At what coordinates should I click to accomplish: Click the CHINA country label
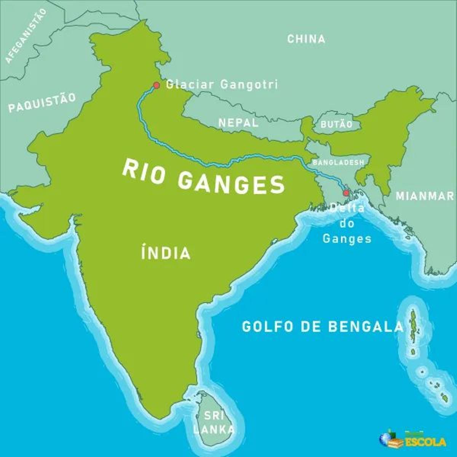[x=306, y=39]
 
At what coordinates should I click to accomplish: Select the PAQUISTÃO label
[x=42, y=103]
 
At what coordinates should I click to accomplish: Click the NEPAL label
[x=238, y=123]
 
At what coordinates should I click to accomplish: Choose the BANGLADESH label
[x=338, y=162]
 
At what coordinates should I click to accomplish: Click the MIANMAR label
[x=425, y=196]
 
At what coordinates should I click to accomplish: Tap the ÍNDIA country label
[x=166, y=253]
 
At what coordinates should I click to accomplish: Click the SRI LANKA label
[x=214, y=422]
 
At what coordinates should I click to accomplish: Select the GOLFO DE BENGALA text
[x=322, y=327]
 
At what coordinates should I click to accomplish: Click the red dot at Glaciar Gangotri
[x=156, y=85]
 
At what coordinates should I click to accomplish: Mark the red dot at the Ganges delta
[x=346, y=193]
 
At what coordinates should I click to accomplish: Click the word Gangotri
[x=249, y=84]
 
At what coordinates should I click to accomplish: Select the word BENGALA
[x=366, y=327]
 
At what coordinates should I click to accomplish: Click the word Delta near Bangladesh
[x=347, y=209]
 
